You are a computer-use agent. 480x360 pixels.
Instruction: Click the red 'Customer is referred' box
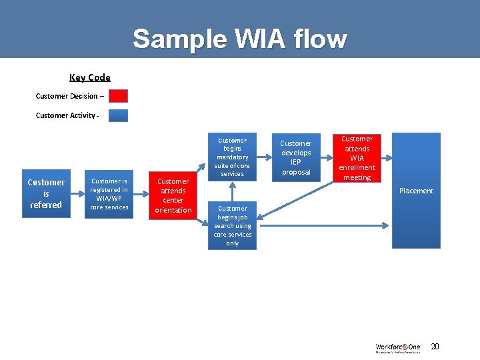(46, 193)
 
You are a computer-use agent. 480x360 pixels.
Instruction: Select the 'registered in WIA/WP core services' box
(109, 194)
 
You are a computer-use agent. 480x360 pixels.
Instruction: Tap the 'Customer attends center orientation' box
(173, 195)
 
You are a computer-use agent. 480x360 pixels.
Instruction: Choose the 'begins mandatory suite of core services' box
(232, 157)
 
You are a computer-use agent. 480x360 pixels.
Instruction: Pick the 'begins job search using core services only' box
(232, 226)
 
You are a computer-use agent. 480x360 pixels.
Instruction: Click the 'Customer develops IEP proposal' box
(295, 157)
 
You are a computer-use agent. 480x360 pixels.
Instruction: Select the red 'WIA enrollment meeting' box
(357, 158)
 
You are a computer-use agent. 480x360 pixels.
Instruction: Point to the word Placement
(416, 191)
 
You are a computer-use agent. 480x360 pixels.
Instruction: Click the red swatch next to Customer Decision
(118, 96)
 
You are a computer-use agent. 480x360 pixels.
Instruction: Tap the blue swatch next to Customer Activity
(118, 115)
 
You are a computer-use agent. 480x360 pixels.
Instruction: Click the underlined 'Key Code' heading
(90, 78)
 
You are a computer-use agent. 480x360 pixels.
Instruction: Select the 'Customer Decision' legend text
(66, 96)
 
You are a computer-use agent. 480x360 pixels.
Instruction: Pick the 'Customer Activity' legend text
(66, 116)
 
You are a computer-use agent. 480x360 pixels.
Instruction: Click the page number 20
(435, 346)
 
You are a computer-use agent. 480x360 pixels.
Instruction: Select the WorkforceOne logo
(399, 347)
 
